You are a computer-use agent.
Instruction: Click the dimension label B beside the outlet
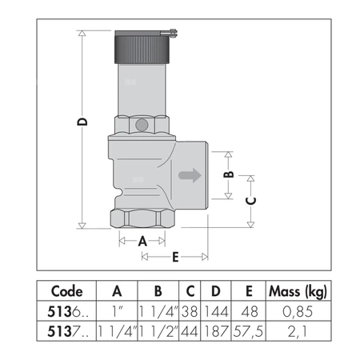pos(228,174)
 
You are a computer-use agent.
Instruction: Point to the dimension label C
pos(250,202)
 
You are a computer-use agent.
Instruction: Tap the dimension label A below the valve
pos(142,240)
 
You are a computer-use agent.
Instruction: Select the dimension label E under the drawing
pos(174,257)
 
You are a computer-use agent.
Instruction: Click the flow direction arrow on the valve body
pos(190,175)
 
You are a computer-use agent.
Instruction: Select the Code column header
pos(66,290)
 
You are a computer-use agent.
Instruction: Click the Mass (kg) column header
pos(296,290)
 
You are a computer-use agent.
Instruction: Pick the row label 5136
pos(66,310)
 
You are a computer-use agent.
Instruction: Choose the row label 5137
pos(66,330)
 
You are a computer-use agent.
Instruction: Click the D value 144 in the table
pos(216,310)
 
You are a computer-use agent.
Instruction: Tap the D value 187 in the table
pos(216,330)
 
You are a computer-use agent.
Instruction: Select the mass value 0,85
pos(296,310)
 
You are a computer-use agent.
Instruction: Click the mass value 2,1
pos(296,330)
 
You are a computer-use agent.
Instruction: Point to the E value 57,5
pos(250,330)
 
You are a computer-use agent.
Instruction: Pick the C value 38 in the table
pos(190,310)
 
